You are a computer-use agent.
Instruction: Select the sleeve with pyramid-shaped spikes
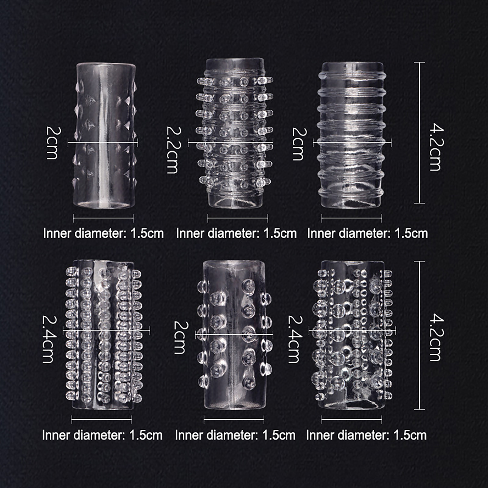point(104,136)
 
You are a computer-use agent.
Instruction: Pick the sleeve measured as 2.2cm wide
point(234,133)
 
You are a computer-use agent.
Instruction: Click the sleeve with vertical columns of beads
point(104,335)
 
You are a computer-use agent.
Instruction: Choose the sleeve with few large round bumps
point(234,335)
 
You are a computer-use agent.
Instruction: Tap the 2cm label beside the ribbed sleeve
point(299,143)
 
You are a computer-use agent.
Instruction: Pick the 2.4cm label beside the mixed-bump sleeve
point(295,339)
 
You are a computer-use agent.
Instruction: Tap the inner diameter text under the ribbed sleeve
point(368,233)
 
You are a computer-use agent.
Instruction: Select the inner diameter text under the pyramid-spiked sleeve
point(103,233)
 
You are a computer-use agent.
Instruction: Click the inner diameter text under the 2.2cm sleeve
point(236,233)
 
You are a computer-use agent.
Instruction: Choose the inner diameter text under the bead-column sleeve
point(102,435)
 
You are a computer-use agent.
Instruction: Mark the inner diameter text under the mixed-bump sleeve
point(366,435)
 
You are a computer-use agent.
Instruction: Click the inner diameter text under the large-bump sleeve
point(235,435)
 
